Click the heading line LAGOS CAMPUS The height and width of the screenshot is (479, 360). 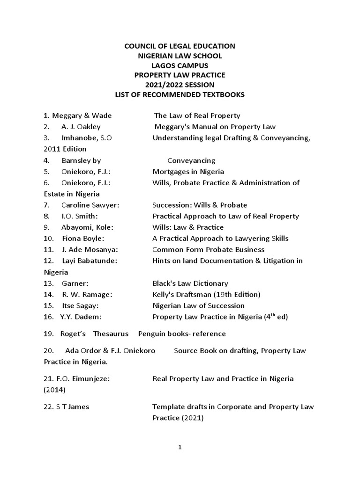[x=180, y=65]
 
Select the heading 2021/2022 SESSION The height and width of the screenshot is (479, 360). [x=180, y=85]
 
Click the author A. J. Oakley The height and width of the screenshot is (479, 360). [x=81, y=127]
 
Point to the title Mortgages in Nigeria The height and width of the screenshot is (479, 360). [x=188, y=171]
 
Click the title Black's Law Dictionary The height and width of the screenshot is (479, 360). [x=190, y=283]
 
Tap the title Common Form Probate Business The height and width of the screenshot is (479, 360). [x=209, y=249]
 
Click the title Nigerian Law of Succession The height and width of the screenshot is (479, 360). [x=199, y=305]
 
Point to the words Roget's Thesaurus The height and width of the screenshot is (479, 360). [x=94, y=334]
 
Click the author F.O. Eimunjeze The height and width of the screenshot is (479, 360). [x=77, y=378]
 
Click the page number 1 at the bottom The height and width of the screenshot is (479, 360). [x=180, y=448]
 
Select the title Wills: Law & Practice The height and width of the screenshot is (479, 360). [x=188, y=227]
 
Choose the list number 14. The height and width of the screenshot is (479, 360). [x=48, y=294]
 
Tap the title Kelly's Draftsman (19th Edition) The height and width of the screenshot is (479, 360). [x=206, y=294]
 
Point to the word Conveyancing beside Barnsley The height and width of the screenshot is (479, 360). [x=191, y=160]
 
